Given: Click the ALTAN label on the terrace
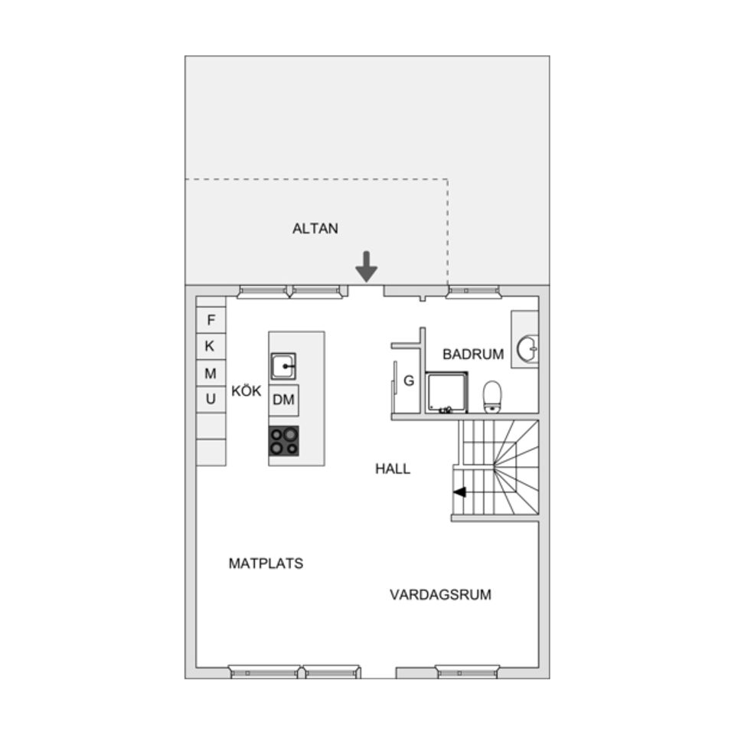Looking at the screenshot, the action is click(315, 228).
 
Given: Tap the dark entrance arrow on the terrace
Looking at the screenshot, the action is click(366, 266).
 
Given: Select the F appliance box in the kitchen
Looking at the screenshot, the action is click(211, 320).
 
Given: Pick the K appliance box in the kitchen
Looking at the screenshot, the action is click(211, 346).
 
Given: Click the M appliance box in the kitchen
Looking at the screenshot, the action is click(211, 373).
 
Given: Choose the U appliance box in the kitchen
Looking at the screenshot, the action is click(211, 400).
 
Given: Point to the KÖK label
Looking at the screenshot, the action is click(246, 390).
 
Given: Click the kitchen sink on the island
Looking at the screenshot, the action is click(283, 366).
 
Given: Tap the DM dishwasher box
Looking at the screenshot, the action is click(283, 400).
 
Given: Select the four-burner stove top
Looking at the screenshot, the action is click(283, 441).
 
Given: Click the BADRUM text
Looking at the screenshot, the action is click(473, 354).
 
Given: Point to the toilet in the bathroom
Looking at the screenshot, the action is click(492, 397).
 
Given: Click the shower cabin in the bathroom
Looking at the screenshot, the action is click(446, 393).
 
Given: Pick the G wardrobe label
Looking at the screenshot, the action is click(409, 381).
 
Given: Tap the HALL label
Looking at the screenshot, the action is click(393, 469).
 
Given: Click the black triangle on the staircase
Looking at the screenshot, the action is click(459, 492).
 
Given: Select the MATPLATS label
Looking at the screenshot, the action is click(266, 563).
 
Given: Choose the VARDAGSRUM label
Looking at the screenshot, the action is click(441, 594).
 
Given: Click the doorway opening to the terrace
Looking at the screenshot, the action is click(366, 291).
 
